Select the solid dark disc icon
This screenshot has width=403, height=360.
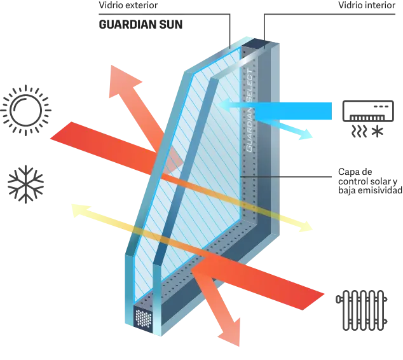[26, 186]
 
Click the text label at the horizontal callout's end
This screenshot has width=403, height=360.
[368, 183]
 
